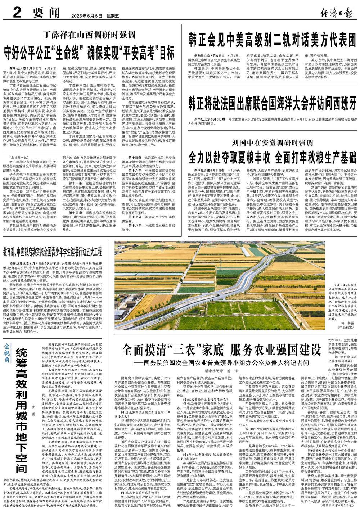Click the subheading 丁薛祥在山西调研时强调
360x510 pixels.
click(89, 35)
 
